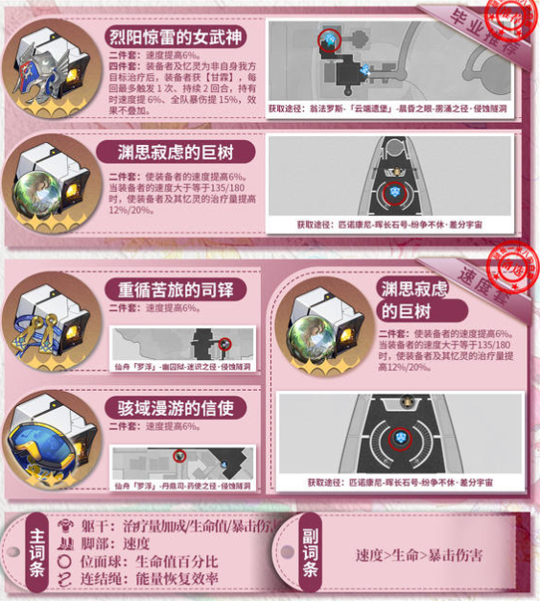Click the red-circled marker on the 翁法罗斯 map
point(328,39)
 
